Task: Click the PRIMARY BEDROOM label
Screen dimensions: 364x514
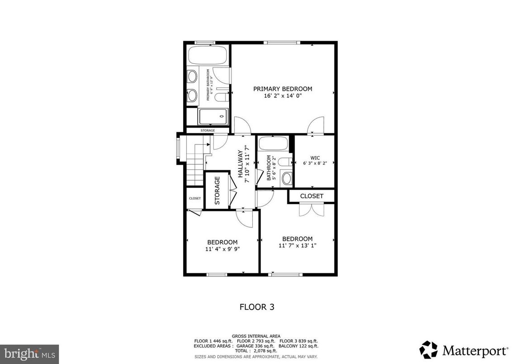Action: point(282,89)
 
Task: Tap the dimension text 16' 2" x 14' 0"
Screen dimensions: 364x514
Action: point(282,96)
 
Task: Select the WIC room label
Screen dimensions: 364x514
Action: point(315,158)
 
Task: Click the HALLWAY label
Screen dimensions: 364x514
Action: point(240,164)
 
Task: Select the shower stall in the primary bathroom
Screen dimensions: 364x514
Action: point(213,116)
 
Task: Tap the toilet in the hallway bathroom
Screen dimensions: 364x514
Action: point(283,161)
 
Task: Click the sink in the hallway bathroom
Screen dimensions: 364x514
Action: point(286,178)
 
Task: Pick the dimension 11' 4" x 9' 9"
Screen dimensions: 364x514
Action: point(222,249)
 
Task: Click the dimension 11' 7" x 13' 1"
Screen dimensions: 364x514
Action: point(297,245)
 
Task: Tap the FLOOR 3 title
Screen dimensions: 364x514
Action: point(256,307)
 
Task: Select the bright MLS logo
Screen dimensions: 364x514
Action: point(29,352)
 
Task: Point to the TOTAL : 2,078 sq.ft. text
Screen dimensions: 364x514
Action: point(256,351)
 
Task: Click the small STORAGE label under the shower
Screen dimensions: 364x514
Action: point(207,130)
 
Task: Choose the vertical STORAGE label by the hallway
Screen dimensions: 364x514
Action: point(217,190)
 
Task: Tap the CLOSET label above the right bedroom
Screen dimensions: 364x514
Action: point(311,196)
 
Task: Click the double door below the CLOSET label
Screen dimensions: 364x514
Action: point(311,209)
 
